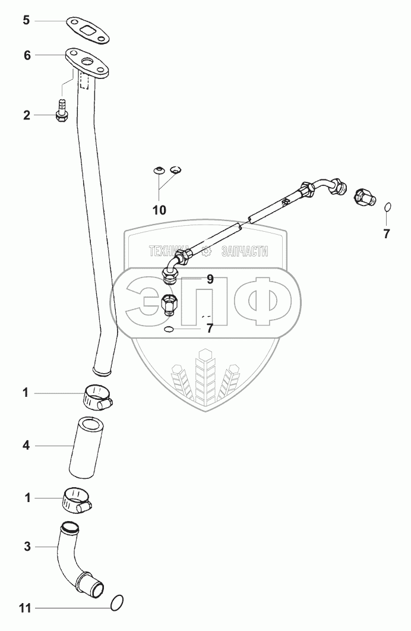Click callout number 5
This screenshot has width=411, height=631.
click(x=26, y=21)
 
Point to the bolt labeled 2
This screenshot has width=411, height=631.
click(x=61, y=113)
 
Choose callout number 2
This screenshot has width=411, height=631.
click(x=27, y=115)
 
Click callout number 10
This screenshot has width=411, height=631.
click(x=159, y=210)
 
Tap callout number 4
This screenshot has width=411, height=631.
click(x=26, y=444)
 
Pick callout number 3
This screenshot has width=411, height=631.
click(x=26, y=545)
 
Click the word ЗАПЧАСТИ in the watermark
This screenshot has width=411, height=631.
click(x=244, y=251)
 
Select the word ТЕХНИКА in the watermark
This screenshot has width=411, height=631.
click(x=172, y=251)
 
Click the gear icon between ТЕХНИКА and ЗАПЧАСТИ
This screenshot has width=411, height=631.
click(x=207, y=251)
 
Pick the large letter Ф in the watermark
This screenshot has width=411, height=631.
click(x=261, y=298)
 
